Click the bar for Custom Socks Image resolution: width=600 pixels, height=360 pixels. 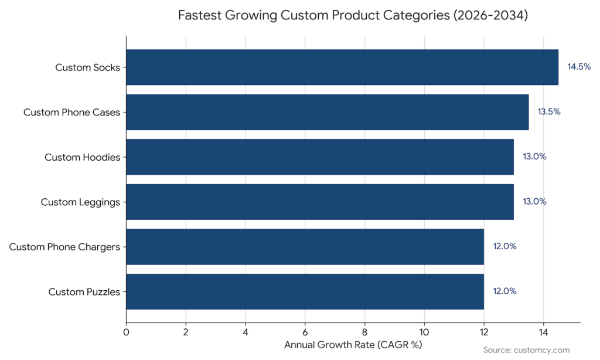tap(342, 67)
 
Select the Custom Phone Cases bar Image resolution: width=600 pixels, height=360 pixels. tap(328, 112)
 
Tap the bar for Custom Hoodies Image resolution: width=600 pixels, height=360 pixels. tap(320, 157)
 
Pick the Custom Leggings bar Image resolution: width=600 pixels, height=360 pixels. tap(320, 202)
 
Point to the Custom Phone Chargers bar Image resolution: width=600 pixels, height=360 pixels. tap(305, 246)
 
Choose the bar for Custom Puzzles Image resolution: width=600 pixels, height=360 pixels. tap(305, 291)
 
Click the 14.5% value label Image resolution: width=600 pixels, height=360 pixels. tap(579, 67)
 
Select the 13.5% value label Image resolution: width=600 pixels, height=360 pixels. tap(549, 112)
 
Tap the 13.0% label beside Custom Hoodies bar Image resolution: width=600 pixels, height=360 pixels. tap(534, 157)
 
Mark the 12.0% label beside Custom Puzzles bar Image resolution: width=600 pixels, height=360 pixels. tap(504, 291)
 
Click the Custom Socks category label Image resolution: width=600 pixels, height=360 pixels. tap(87, 67)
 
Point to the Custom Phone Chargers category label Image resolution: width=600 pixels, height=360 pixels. tap(64, 247)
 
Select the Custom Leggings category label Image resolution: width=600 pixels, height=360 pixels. tap(80, 202)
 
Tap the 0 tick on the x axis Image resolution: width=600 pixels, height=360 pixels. tap(127, 332)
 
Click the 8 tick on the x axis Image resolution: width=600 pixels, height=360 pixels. tap(365, 332)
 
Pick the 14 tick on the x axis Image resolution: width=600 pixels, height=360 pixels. tap(544, 332)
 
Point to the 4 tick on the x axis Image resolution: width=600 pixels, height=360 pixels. tap(246, 332)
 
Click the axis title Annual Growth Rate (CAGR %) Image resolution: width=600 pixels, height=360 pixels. tap(353, 345)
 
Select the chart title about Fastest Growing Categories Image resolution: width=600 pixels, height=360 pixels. tap(353, 15)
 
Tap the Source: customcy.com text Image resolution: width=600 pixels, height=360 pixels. tap(526, 350)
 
